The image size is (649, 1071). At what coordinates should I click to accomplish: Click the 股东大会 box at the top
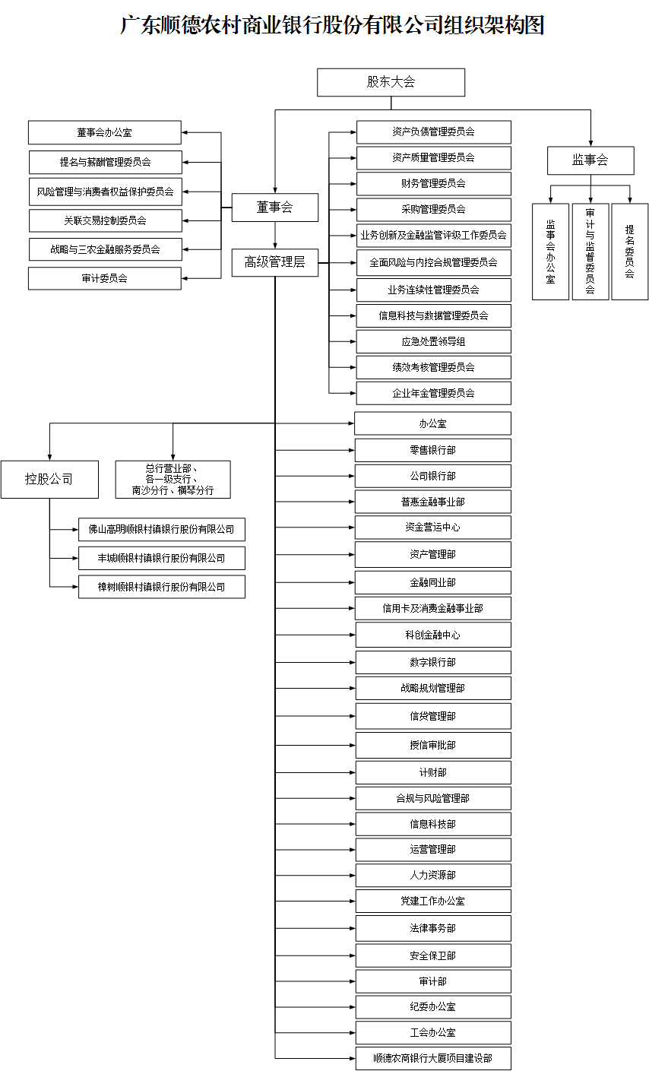coord(391,82)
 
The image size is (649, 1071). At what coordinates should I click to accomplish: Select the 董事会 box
coord(275,207)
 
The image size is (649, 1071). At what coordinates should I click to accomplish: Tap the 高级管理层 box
coord(275,262)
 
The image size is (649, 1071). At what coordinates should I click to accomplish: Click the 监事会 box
coord(590,160)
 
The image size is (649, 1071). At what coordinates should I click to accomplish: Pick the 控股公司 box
coord(49,479)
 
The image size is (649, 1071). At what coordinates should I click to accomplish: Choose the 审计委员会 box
coord(105,278)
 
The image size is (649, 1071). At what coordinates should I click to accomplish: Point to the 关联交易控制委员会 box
coord(105,220)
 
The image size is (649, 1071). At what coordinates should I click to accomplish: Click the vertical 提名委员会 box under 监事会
coord(630,252)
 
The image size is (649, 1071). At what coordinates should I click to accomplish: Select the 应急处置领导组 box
coord(433,341)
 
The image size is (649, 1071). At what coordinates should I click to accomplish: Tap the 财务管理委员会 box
coord(433,184)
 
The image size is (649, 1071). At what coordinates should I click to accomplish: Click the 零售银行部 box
coord(433,450)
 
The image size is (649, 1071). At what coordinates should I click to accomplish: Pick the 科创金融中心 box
coord(433,635)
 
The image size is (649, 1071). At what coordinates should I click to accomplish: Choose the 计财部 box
coord(433,772)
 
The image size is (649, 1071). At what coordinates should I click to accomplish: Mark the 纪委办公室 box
coord(433,1006)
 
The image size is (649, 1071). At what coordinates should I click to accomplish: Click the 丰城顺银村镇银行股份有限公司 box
coord(162,558)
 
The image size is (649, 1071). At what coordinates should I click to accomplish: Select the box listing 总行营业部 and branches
coord(173,479)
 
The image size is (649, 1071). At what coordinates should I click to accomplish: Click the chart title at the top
coord(332,25)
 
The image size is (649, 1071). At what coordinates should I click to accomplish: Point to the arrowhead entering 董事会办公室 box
coord(185,132)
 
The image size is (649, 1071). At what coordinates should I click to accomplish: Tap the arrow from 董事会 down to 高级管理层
coord(275,235)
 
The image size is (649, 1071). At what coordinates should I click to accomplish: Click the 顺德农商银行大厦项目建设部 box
coord(433,1058)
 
